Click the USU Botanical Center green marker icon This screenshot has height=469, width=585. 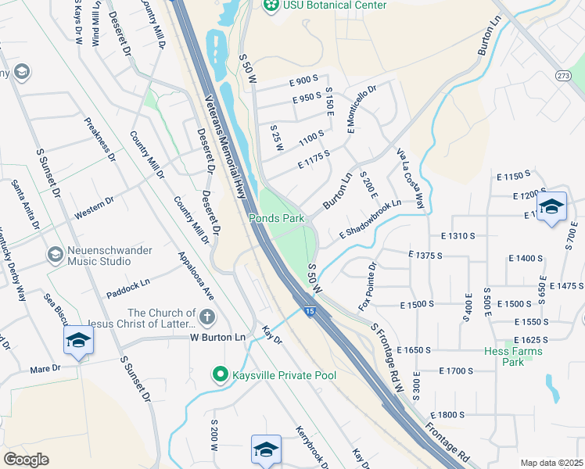click(x=271, y=5)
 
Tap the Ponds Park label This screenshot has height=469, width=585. click(x=276, y=219)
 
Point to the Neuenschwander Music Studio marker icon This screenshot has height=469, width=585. click(x=55, y=255)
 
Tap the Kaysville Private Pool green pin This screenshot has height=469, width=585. click(x=221, y=375)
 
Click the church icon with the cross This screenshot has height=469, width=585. click(x=206, y=317)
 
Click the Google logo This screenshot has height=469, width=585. click(x=26, y=459)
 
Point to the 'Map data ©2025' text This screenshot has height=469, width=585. click(x=551, y=463)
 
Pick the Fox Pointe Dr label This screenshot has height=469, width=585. click(x=366, y=286)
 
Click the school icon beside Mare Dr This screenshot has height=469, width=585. click(x=79, y=340)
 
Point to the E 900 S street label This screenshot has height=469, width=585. click(x=303, y=80)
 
